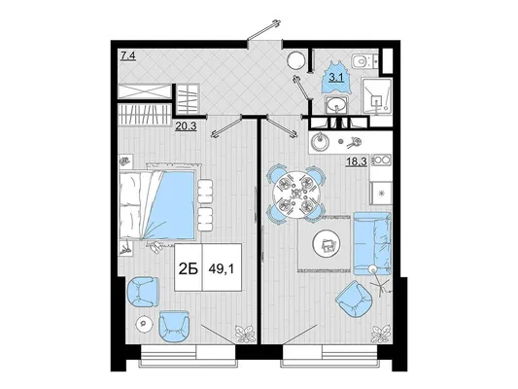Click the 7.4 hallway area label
coord(128,56)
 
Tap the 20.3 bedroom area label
coord(186,125)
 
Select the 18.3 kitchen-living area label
coord(357,162)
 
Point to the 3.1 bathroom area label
coord(336,78)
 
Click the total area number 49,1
coord(221,269)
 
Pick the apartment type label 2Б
coord(188,269)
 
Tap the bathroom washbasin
coord(336,105)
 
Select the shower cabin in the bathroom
coord(376,96)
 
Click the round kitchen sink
coord(320,142)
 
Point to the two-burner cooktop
coord(381,159)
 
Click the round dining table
coord(296,194)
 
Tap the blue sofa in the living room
coord(372,244)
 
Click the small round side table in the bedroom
coord(145,323)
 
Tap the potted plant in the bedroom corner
coord(245,334)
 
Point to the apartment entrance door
coord(264,30)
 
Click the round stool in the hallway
coord(295,60)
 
